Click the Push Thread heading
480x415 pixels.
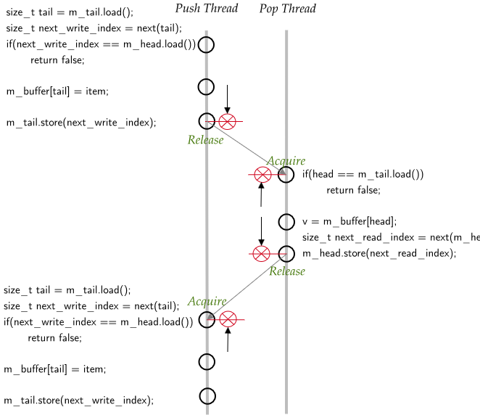click(206, 9)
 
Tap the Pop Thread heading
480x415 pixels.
click(287, 9)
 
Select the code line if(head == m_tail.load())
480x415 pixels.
click(363, 174)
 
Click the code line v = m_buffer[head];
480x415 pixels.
click(349, 221)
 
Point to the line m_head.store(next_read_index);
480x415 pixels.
click(378, 253)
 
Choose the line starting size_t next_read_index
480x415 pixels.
click(390, 237)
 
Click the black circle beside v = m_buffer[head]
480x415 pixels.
click(287, 222)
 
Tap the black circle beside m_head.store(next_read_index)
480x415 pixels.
click(287, 253)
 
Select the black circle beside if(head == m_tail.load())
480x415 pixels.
click(287, 174)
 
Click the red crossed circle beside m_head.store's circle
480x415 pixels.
click(261, 253)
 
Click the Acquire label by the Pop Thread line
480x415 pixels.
click(286, 160)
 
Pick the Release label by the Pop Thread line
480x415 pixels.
click(287, 271)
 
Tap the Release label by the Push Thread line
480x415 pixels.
click(205, 139)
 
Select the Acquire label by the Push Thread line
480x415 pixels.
click(207, 301)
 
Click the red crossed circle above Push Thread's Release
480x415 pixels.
click(227, 121)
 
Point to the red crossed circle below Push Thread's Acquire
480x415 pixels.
click(228, 319)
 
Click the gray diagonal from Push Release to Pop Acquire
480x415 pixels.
click(247, 147)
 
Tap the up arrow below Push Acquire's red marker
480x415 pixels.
click(228, 340)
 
